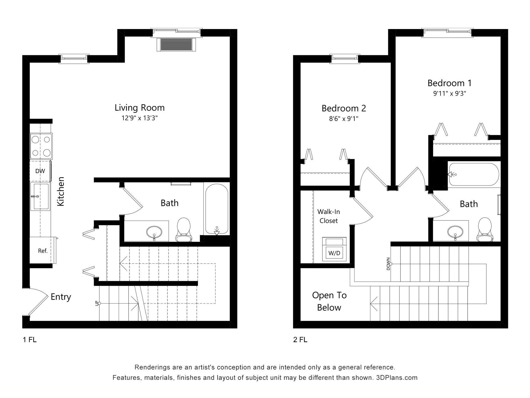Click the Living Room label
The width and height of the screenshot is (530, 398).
click(139, 108)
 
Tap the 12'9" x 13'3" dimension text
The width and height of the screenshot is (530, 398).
click(139, 118)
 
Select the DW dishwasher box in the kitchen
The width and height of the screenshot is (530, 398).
click(40, 171)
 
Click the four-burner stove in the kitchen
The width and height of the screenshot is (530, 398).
click(41, 146)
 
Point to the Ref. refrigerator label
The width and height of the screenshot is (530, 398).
click(43, 251)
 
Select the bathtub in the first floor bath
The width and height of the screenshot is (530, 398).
click(217, 209)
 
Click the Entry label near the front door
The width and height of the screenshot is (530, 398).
click(61, 297)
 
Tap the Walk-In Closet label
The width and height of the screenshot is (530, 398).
click(328, 216)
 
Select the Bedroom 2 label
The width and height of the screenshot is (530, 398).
click(344, 108)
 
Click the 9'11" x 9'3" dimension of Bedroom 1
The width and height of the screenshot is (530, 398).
click(449, 94)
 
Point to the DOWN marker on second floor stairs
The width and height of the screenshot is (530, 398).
click(388, 264)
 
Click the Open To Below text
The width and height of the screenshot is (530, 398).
click(329, 301)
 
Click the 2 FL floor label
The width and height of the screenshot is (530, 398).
click(300, 340)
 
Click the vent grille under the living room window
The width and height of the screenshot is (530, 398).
click(176, 44)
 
